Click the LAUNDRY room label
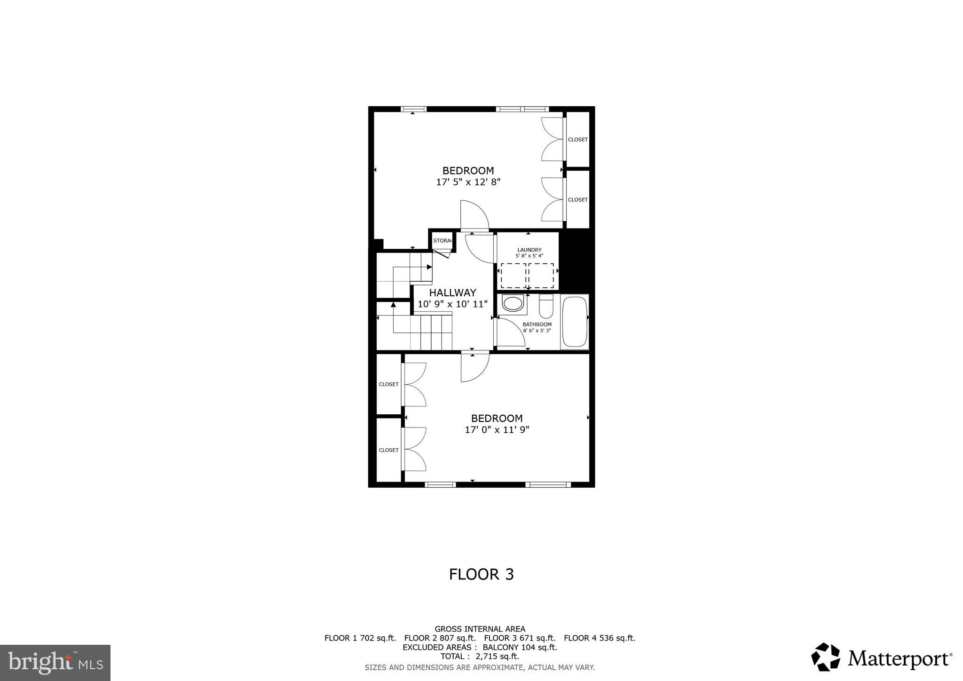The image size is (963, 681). point(529,250)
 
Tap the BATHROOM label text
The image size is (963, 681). point(537,325)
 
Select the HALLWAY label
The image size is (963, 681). point(452,293)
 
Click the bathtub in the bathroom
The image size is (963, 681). point(575,322)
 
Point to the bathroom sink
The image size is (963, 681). point(513,303)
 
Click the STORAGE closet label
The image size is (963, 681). point(442,241)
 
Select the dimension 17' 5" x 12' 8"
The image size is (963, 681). point(468,182)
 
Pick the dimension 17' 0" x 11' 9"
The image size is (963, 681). point(497,429)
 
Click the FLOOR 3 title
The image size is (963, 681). point(481,574)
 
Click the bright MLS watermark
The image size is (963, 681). point(55,663)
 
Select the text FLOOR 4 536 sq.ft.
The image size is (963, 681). point(599,638)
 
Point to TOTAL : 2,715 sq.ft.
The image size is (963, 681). point(480,656)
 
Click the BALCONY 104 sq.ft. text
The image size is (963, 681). point(520,647)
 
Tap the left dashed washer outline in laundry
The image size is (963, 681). point(513,276)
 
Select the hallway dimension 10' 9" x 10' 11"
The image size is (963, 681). point(452,304)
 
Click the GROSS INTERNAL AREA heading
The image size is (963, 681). point(480,629)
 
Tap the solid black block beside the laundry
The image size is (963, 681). point(574,261)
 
